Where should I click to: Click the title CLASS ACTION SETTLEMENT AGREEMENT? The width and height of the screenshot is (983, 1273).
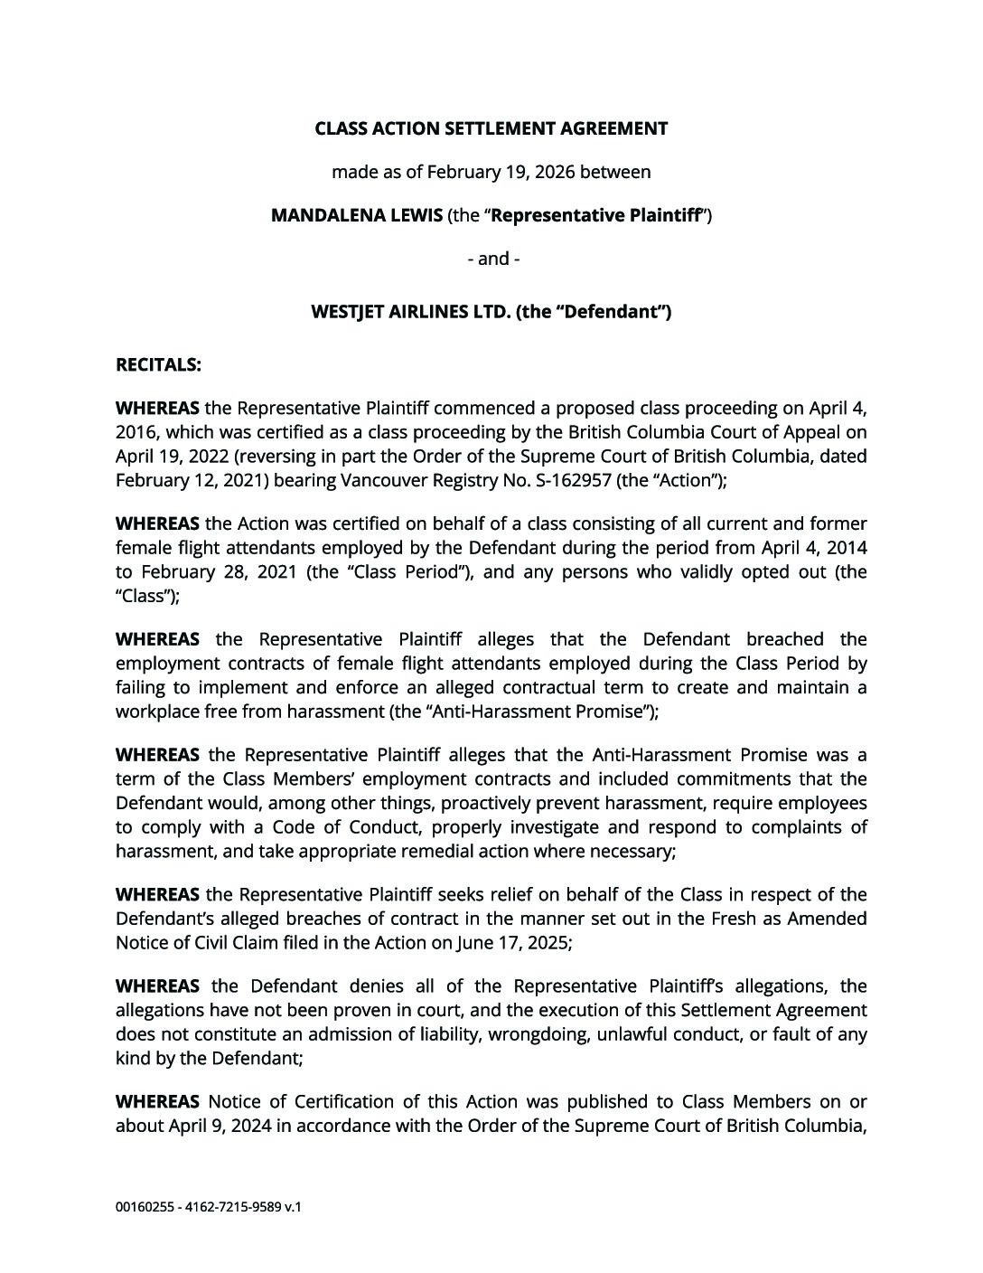pos(491,128)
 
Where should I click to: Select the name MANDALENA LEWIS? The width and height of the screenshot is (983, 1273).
pos(357,215)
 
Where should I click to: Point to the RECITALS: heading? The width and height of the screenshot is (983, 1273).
pos(158,365)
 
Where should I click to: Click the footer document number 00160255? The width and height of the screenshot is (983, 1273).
pos(145,1207)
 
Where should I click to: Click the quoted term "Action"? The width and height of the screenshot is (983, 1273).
pos(687,480)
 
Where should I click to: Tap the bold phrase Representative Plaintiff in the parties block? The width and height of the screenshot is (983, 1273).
pos(598,215)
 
